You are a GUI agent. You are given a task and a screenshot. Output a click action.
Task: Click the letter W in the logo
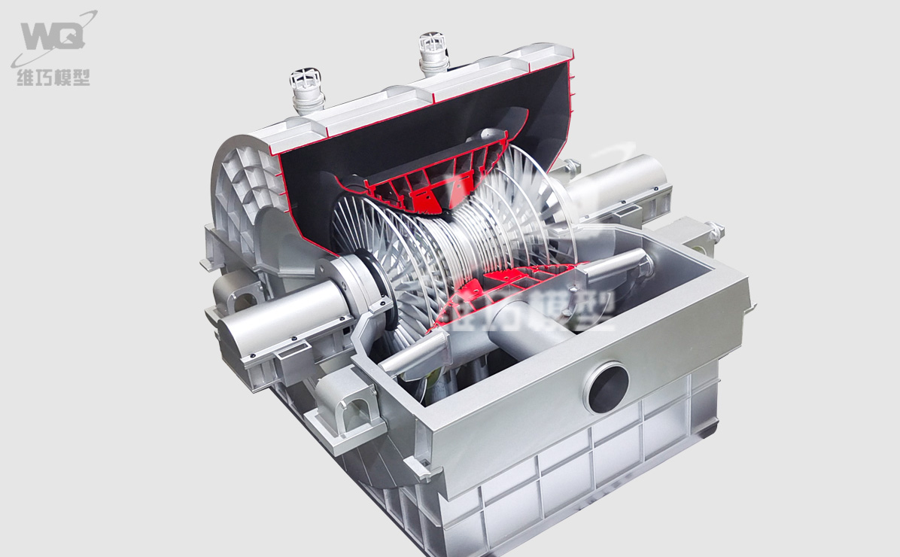coord(40,36)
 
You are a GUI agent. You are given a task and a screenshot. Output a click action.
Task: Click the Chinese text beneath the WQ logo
coord(53,77)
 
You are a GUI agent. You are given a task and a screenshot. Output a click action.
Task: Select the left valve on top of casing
coord(306,90)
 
